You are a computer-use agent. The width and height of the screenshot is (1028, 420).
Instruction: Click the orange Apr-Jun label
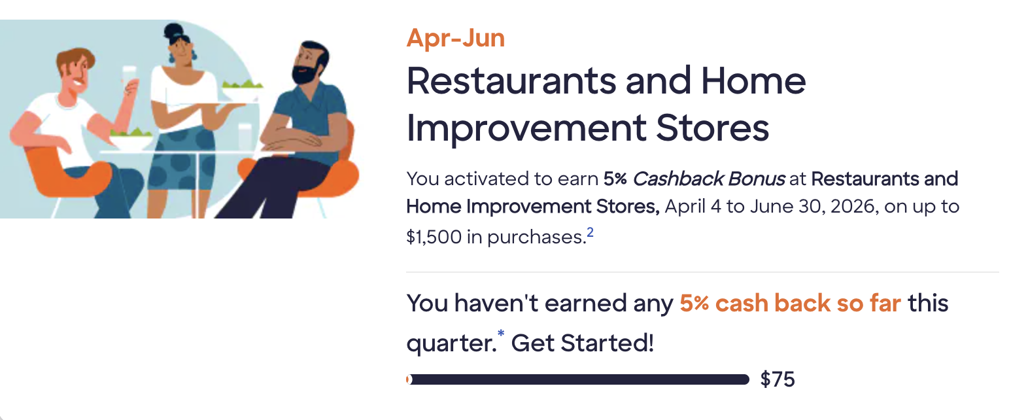coord(455,38)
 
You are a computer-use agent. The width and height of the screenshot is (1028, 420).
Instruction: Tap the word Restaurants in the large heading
coord(511,80)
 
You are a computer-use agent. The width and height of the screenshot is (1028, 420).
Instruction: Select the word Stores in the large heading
coord(712,128)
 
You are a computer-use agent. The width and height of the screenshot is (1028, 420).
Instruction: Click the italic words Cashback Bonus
coord(709,179)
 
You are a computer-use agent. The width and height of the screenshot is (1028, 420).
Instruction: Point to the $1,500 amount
coord(434,237)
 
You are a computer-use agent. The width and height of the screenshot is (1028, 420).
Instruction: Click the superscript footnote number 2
coord(590,232)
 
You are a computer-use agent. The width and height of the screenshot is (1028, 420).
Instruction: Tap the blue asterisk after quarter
coord(501,333)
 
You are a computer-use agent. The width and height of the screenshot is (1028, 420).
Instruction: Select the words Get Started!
coord(583,343)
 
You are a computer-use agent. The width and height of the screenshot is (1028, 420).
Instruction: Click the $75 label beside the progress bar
coord(778,379)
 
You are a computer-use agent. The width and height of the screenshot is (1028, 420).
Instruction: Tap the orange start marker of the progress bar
coord(409,379)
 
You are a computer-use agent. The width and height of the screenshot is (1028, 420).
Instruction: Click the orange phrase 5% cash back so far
coord(790,304)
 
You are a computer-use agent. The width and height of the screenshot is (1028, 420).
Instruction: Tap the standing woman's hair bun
coord(173,31)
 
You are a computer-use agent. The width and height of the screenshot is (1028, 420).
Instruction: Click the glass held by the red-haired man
coord(129,79)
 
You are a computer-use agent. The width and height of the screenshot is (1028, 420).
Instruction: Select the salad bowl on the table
coord(131,139)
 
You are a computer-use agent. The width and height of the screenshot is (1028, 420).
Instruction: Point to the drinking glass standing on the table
coord(245,137)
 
